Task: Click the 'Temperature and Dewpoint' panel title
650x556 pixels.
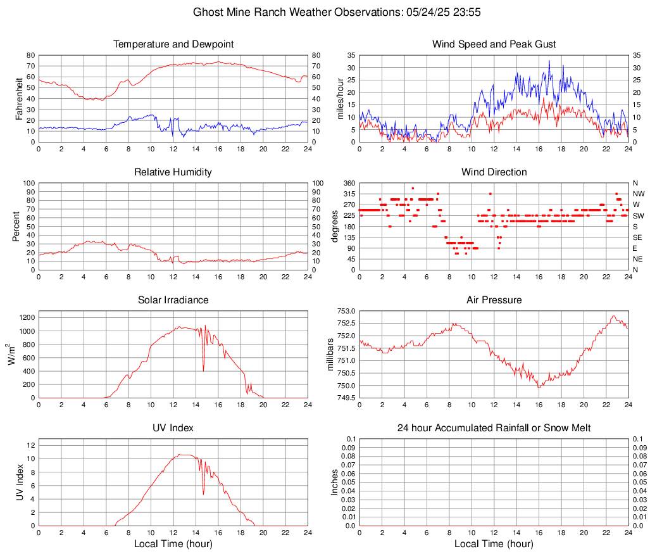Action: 173,44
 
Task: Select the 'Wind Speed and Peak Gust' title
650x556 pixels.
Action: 494,44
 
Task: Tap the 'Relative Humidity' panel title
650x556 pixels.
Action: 173,172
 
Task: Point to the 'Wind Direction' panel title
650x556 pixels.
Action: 494,172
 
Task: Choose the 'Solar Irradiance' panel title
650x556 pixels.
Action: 173,300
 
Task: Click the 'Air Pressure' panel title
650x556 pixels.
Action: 494,300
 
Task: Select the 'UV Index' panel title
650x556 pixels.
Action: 173,428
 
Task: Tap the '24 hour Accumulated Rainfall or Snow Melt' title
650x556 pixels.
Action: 494,428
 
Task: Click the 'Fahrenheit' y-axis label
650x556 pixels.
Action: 19,99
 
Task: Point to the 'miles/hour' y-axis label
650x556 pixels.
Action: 340,99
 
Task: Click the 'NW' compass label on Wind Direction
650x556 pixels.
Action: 639,194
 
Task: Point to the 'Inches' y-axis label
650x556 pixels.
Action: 335,483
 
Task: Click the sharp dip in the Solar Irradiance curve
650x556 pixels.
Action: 203,370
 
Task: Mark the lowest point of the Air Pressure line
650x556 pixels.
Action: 539,388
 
